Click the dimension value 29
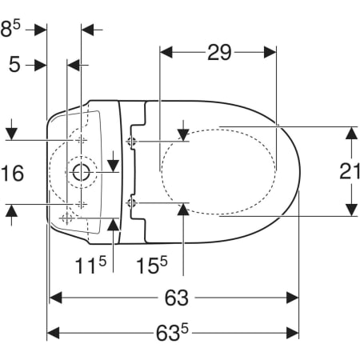click(x=219, y=53)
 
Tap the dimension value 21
click(x=350, y=171)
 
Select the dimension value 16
click(x=12, y=174)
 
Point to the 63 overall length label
click(x=177, y=298)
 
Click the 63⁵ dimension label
click(x=172, y=332)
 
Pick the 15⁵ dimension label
click(x=152, y=265)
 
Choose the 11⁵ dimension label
click(x=90, y=265)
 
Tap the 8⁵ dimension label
click(x=10, y=29)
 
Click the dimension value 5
click(x=14, y=65)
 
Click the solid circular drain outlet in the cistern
click(x=81, y=172)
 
